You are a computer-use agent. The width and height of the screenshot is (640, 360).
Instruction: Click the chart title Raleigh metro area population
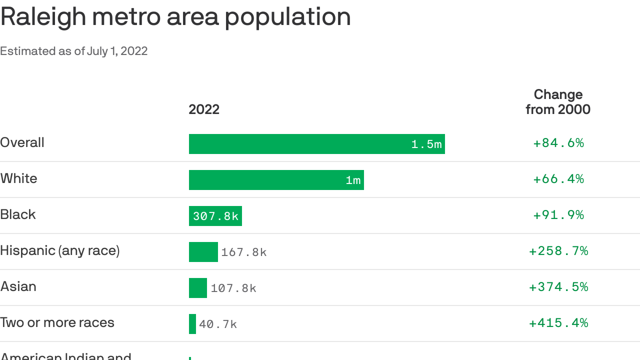point(175,17)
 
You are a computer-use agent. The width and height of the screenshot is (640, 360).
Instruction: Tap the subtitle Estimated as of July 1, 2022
point(74,51)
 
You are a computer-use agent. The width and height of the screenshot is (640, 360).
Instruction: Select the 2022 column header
point(204,109)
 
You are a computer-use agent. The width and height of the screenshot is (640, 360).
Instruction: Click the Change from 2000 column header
point(558,102)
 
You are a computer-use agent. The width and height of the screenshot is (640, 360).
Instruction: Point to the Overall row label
point(22,142)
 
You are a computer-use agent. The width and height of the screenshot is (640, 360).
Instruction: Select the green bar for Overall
point(300,144)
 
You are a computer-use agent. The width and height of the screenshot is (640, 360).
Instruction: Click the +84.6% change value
point(558,143)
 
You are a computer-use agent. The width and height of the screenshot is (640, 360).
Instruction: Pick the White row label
point(19,178)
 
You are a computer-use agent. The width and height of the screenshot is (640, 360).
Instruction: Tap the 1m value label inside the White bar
point(353,180)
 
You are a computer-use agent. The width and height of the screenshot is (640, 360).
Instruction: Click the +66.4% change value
point(558,179)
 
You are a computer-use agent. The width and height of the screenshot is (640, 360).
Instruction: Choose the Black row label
point(18,214)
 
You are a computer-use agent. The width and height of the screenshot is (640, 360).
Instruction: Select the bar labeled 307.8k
point(215,216)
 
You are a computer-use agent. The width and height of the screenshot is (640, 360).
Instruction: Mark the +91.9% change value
point(558,215)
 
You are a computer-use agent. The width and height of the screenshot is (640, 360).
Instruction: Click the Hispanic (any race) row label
point(60,250)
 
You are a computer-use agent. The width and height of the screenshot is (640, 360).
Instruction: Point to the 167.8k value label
point(244,252)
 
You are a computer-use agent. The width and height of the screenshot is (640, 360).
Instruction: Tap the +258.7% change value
point(558,251)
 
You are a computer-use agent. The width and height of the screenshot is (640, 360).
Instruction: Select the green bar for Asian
point(198,288)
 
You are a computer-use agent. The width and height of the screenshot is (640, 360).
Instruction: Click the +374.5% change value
point(558,287)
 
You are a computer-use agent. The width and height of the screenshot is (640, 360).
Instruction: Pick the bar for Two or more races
point(192,324)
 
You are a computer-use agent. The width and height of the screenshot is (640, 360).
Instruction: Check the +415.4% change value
point(558,323)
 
